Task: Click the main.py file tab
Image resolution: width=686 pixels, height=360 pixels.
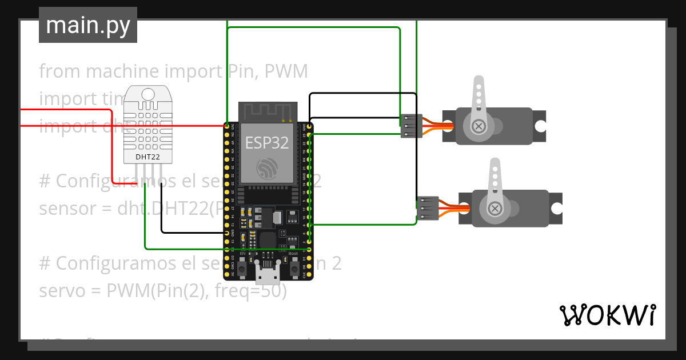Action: [87, 25]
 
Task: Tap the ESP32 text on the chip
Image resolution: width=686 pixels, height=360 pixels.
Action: [267, 142]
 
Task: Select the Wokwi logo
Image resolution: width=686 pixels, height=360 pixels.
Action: [607, 315]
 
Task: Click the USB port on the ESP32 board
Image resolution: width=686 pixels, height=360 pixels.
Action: [267, 274]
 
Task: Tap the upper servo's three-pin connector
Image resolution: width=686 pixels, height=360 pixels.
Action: [410, 126]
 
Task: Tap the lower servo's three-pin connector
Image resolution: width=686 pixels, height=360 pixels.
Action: [427, 208]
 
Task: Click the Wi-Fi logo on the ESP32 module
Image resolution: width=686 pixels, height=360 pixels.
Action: [267, 169]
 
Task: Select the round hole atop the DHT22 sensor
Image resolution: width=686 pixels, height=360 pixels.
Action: [148, 94]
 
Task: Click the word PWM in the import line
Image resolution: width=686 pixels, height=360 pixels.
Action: [288, 71]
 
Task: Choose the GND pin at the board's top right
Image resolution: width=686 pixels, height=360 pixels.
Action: [309, 126]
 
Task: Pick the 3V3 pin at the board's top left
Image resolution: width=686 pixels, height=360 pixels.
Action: [227, 126]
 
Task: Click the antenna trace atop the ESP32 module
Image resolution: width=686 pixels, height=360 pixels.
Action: [267, 111]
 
